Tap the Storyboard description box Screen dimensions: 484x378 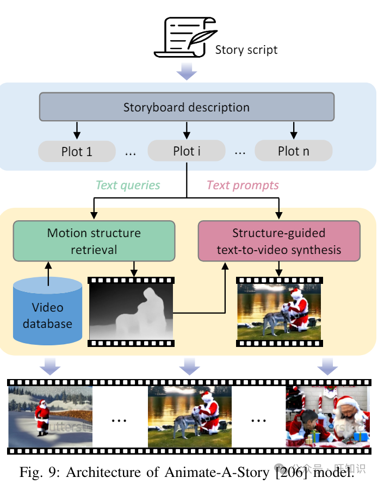point(187,107)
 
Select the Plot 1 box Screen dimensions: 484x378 point(77,151)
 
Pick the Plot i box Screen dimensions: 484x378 point(187,151)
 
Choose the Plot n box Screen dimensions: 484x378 point(293,151)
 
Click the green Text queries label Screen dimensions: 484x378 point(128,185)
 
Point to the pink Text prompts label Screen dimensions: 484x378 point(243,185)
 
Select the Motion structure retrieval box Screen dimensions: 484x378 point(94,241)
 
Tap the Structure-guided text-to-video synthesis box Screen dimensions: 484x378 point(278,241)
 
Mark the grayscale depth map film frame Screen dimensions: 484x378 point(131,312)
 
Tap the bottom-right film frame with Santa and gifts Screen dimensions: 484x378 point(328,417)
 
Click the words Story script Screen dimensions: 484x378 point(246,50)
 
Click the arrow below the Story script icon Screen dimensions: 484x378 point(187,70)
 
